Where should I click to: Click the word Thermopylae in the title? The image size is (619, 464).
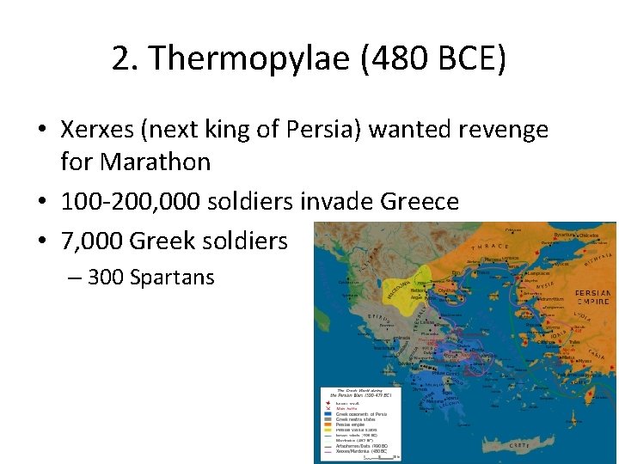point(237,58)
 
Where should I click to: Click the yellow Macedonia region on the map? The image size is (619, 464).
point(409,283)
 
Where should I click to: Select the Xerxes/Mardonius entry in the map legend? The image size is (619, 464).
point(352,452)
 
